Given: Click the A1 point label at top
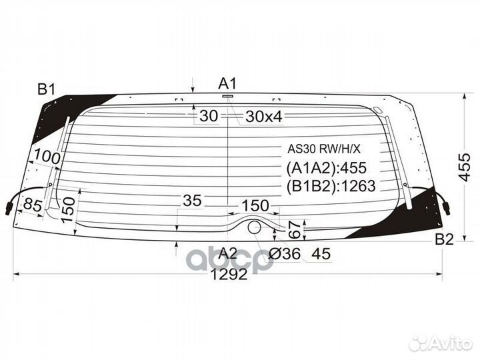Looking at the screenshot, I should pyautogui.click(x=228, y=83).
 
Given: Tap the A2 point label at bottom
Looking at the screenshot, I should pyautogui.click(x=228, y=253).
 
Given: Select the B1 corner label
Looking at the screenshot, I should pyautogui.click(x=47, y=89).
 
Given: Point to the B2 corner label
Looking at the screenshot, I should pyautogui.click(x=444, y=239).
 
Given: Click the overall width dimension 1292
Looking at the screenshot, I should pyautogui.click(x=228, y=274).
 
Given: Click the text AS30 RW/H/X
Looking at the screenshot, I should pyautogui.click(x=323, y=149).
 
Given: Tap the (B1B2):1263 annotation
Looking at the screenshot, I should pyautogui.click(x=331, y=186).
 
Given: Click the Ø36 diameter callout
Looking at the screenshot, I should pyautogui.click(x=285, y=253).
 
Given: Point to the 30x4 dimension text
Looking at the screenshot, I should pyautogui.click(x=264, y=117).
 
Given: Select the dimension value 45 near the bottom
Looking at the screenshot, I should pyautogui.click(x=321, y=253).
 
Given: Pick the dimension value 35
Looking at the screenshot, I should pyautogui.click(x=192, y=201).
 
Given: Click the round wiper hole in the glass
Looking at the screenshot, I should pyautogui.click(x=255, y=227).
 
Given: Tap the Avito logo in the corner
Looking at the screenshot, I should pyautogui.click(x=441, y=343).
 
